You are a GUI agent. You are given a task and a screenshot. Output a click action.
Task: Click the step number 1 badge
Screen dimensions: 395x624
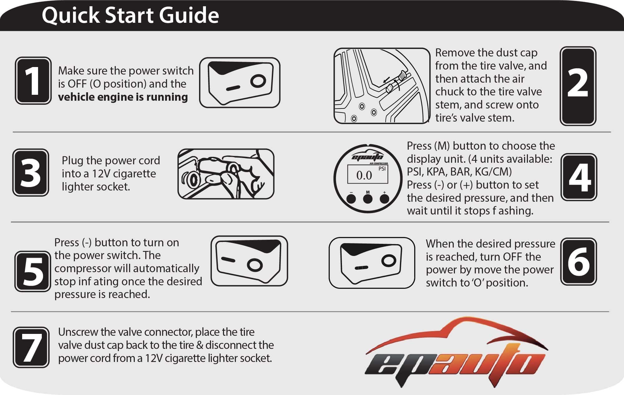click(33, 80)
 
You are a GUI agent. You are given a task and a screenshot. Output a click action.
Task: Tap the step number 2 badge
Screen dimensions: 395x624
click(578, 86)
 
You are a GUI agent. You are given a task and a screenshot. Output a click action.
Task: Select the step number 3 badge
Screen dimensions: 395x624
click(31, 172)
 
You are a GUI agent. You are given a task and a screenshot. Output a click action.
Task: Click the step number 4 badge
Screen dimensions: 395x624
click(579, 177)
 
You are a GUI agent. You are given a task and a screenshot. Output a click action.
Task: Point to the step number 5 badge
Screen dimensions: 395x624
click(32, 271)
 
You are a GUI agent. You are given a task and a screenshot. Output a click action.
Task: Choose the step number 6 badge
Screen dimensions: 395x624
click(578, 262)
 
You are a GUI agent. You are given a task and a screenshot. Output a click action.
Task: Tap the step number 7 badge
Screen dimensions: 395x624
click(31, 347)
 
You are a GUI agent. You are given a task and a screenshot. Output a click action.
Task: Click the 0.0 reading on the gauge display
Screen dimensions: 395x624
click(364, 175)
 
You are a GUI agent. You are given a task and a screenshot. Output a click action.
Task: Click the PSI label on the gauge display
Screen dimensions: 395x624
click(382, 169)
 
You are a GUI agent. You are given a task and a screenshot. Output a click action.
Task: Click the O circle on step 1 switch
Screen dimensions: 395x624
click(258, 81)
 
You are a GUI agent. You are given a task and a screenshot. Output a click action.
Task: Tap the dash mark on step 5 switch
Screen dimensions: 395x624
click(228, 259)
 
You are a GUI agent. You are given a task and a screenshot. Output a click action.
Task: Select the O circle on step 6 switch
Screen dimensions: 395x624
click(389, 260)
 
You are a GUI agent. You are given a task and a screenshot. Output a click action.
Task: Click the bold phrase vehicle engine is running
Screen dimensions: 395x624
click(123, 97)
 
